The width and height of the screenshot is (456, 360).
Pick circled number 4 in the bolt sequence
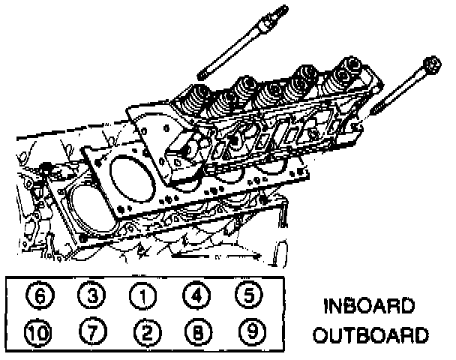click(x=194, y=298)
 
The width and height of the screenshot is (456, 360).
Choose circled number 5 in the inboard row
click(x=246, y=298)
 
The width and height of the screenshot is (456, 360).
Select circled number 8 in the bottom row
click(x=194, y=332)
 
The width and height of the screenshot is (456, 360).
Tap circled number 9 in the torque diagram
click(x=246, y=332)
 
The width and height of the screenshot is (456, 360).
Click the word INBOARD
click(x=368, y=307)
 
